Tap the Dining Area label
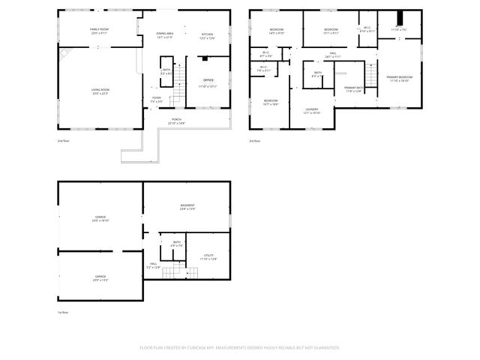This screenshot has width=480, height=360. point(165,34)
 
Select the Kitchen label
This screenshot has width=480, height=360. point(208,34)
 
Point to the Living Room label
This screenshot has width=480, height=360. point(100,90)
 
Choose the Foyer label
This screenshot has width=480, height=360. point(157,97)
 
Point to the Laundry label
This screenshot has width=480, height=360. point(312,110)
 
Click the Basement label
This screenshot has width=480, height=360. point(187,205)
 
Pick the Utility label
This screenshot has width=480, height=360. point(208,256)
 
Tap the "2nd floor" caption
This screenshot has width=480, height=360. point(62,141)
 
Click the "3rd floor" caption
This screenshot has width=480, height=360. point(255,141)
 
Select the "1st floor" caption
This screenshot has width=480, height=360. point(62,312)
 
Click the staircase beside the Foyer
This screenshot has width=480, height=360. point(176,96)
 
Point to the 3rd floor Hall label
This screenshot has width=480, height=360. point(332,53)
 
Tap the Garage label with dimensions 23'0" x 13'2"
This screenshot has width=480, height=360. point(100,277)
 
